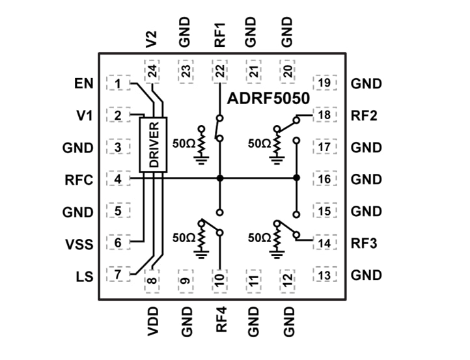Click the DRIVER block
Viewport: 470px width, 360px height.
pyautogui.click(x=154, y=145)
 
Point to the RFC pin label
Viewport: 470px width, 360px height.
pyautogui.click(x=79, y=180)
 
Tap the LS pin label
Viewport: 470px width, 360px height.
pyautogui.click(x=85, y=276)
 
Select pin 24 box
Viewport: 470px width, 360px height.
pyautogui.click(x=152, y=71)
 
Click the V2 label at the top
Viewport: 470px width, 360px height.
pyautogui.click(x=152, y=38)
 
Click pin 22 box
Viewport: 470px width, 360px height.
pyautogui.click(x=220, y=71)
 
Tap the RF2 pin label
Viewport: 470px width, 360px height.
pyautogui.click(x=366, y=116)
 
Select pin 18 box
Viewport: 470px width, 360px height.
pyautogui.click(x=325, y=115)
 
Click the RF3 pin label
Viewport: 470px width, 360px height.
pyautogui.click(x=366, y=243)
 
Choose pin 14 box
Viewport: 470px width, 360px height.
pyautogui.click(x=325, y=243)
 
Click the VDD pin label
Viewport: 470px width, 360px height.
pyautogui.click(x=152, y=321)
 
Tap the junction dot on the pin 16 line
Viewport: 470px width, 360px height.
pyautogui.click(x=296, y=178)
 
